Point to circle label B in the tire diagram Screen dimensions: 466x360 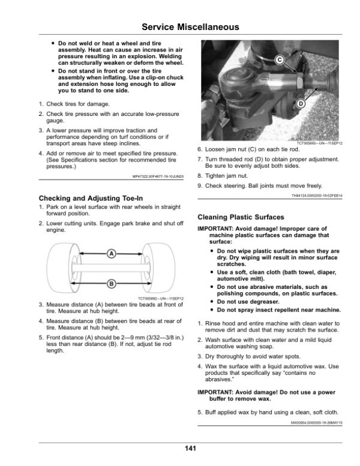[x=111, y=283]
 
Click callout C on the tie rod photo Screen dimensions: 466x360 [x=280, y=59]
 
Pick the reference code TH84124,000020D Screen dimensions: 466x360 [x=317, y=196]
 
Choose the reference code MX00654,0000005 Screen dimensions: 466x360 [x=317, y=423]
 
